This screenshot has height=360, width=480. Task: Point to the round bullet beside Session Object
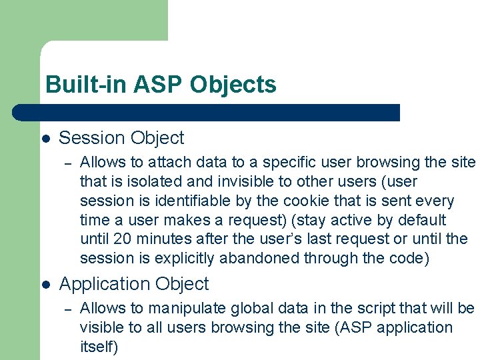45,139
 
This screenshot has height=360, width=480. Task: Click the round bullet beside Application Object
45,285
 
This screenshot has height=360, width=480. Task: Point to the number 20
122,239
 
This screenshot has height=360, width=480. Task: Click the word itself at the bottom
97,347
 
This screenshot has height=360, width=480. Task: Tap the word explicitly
175,258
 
